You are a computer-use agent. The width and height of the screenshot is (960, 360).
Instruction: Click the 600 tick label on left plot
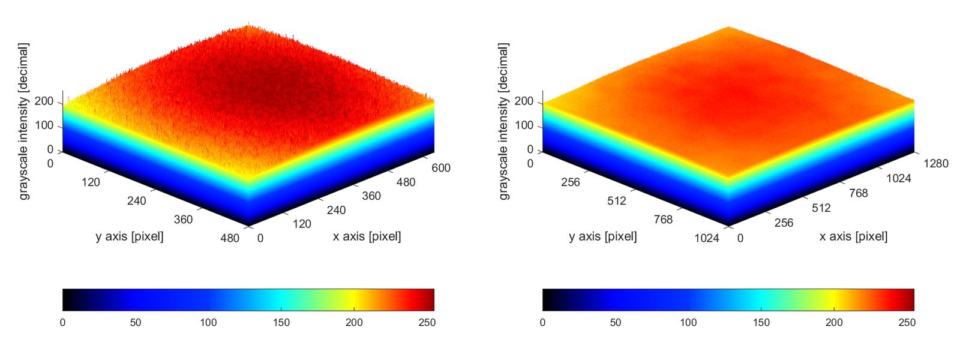click(x=441, y=168)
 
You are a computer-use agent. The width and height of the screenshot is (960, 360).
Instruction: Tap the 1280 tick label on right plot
click(x=936, y=163)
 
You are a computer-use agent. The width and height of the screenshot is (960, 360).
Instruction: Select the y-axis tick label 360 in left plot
click(x=183, y=220)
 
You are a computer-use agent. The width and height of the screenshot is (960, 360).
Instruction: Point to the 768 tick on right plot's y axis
click(x=663, y=220)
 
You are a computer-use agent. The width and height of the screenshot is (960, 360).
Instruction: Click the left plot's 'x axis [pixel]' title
click(x=367, y=236)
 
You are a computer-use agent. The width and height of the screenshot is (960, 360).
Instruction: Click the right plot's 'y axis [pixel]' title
click(x=602, y=236)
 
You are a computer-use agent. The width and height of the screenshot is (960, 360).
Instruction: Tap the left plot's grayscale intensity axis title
click(x=23, y=121)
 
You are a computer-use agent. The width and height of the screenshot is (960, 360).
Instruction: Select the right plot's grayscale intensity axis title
click(x=503, y=121)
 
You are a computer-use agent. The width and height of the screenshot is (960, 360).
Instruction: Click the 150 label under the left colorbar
click(x=281, y=322)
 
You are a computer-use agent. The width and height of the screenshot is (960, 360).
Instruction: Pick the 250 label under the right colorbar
click(x=907, y=322)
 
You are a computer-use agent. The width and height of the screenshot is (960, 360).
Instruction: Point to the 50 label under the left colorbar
click(x=136, y=322)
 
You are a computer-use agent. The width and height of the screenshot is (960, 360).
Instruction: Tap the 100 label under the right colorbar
click(x=688, y=322)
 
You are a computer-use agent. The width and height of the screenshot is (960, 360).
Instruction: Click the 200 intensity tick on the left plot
click(x=44, y=101)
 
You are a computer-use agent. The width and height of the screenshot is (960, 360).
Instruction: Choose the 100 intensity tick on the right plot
click(x=524, y=125)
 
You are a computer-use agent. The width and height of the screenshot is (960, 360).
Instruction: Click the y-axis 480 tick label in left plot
click(x=230, y=238)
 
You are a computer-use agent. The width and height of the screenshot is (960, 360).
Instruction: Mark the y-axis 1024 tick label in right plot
click(x=707, y=238)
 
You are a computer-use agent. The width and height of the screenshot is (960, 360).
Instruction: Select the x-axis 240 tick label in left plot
click(x=336, y=210)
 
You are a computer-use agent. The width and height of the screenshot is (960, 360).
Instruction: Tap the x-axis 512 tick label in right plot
click(x=821, y=208)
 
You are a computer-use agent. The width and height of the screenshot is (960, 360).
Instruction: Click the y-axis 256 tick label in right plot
click(x=571, y=182)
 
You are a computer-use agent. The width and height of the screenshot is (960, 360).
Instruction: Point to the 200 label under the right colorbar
click(x=834, y=322)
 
